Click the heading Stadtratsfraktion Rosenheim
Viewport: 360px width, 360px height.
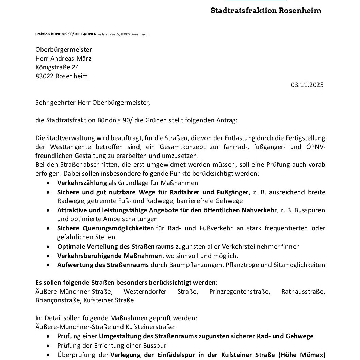(266, 10)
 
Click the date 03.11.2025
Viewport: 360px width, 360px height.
(307, 85)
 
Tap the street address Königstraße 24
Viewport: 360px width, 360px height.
(57, 67)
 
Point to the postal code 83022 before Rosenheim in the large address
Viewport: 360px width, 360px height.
(44, 76)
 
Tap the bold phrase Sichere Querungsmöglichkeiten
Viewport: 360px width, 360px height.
(105, 228)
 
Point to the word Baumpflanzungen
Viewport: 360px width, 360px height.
(202, 265)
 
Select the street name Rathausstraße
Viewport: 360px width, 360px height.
(303, 292)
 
